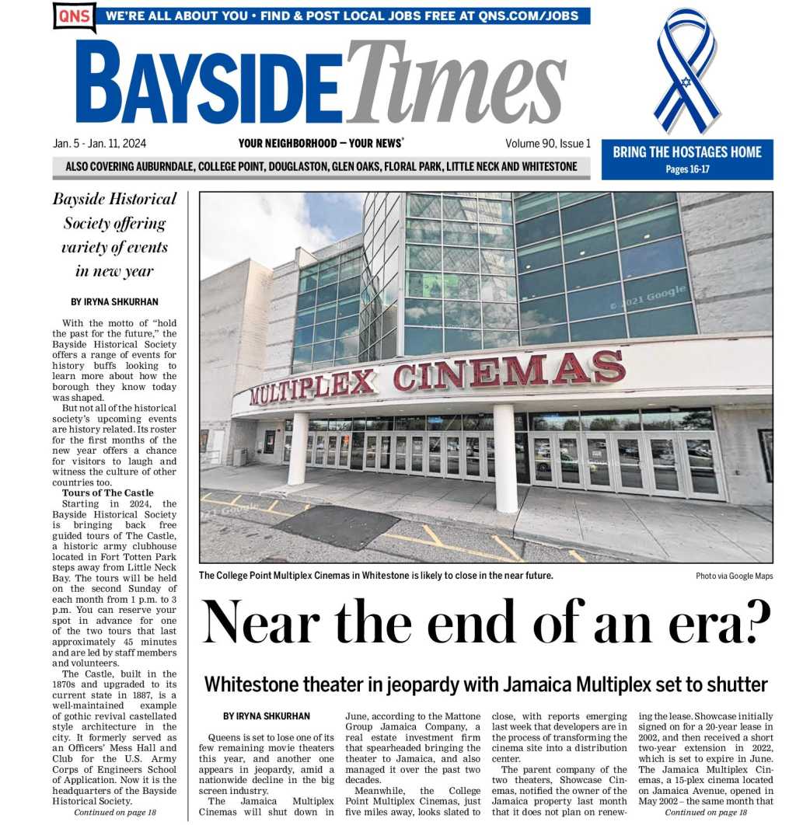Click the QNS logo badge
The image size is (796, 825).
point(74,16)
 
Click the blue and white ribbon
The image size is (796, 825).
point(686,70)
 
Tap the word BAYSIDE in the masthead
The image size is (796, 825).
point(210,82)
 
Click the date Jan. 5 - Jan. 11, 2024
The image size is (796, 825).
point(99,144)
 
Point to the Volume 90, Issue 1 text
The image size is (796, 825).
point(547,144)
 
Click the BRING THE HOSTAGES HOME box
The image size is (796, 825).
point(687,158)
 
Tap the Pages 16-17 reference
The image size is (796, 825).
point(687,169)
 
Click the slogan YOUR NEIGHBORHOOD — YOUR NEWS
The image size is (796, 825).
point(320,144)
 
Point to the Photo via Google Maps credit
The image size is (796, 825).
point(734,576)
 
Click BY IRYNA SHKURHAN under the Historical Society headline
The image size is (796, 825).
point(114,301)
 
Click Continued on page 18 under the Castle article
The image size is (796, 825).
point(115,812)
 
